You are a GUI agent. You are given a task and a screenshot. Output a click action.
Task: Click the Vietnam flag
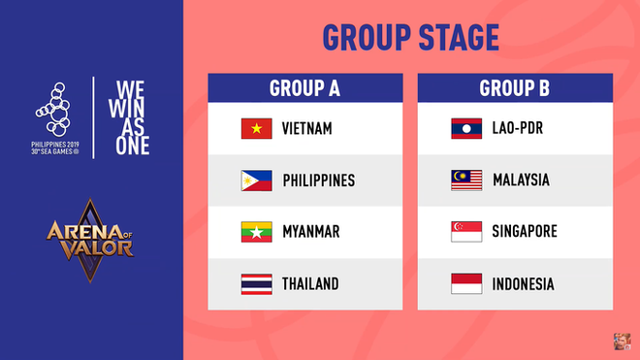pyautogui.click(x=256, y=129)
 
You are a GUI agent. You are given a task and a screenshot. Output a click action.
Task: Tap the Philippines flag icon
pyautogui.click(x=256, y=180)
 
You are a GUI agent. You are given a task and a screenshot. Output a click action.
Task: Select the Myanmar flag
pyautogui.click(x=256, y=232)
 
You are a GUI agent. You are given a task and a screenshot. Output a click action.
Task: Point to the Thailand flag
pyautogui.click(x=256, y=284)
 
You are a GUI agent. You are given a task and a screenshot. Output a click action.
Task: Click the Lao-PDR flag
pyautogui.click(x=466, y=129)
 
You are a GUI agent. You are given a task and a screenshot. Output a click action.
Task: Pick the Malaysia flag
pyautogui.click(x=466, y=180)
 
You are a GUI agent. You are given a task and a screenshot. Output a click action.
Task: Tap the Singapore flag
pyautogui.click(x=466, y=232)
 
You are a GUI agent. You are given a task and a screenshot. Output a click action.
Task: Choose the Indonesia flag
pyautogui.click(x=466, y=284)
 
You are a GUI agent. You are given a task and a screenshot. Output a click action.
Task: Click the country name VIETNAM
pyautogui.click(x=307, y=129)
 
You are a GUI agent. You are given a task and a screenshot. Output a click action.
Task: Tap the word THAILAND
pyautogui.click(x=310, y=284)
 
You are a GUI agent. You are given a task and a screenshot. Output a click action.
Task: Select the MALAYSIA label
pyautogui.click(x=521, y=180)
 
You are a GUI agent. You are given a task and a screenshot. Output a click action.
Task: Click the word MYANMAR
pyautogui.click(x=311, y=232)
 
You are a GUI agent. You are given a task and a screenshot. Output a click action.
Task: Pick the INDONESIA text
pyautogui.click(x=523, y=284)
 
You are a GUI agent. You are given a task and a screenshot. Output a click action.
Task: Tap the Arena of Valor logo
pyautogui.click(x=88, y=243)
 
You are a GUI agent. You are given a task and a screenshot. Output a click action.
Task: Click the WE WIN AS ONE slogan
pyautogui.click(x=124, y=116)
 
